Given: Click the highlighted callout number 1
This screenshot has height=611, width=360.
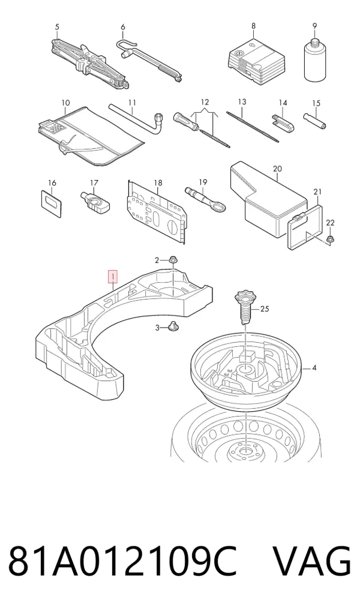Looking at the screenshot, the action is [113, 277].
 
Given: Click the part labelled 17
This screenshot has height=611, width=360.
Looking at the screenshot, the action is [95, 201].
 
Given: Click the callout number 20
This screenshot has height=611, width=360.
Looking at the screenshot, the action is [277, 168].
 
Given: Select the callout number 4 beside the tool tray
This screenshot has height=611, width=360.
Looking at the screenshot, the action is [314, 367].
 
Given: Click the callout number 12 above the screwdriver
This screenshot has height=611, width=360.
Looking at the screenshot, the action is [205, 102].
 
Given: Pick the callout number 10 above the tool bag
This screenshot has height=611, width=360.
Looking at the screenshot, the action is [65, 103].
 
